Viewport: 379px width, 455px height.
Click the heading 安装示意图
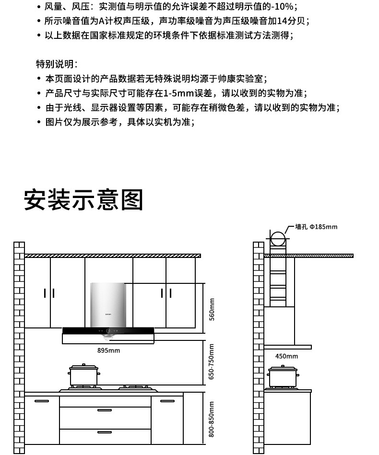pyautogui.click(x=83, y=200)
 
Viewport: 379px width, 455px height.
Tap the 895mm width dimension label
pyautogui.click(x=108, y=350)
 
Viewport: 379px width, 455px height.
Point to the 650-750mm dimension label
pyautogui.click(x=212, y=362)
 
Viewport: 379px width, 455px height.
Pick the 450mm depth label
pyautogui.click(x=286, y=356)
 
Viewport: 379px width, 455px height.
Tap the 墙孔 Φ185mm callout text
pyautogui.click(x=316, y=227)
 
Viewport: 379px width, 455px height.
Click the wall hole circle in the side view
pyautogui.click(x=277, y=238)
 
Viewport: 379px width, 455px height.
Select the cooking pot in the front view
pyautogui.click(x=84, y=375)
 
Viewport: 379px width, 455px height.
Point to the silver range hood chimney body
pyautogui.click(x=108, y=304)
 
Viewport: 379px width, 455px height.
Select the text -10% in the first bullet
pyautogui.click(x=283, y=7)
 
